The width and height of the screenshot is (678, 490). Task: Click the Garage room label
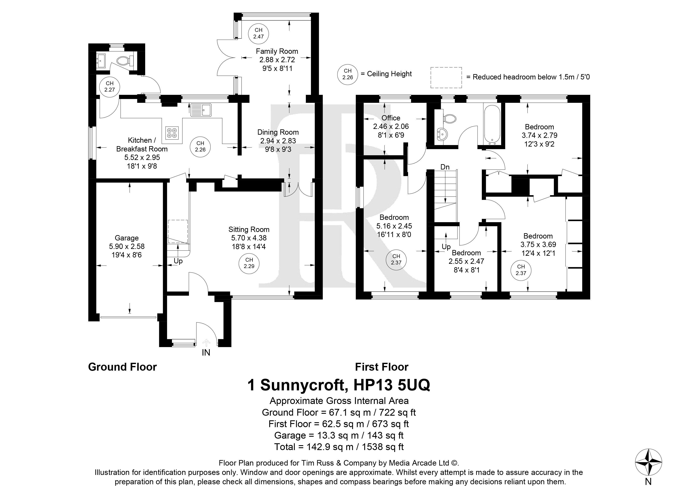tap(126, 238)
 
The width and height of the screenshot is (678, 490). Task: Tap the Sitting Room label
tap(249, 229)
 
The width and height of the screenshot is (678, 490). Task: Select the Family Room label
tap(277, 51)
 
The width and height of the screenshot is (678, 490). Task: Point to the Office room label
tap(391, 118)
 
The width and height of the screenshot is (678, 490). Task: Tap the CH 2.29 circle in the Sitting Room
tap(249, 263)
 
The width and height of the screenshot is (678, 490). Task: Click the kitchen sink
tap(201, 110)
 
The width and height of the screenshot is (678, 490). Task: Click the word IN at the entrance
tap(206, 353)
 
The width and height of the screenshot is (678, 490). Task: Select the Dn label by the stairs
tap(445, 167)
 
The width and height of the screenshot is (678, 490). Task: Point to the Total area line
tap(339, 447)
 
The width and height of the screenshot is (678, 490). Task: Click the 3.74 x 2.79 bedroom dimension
tap(540, 135)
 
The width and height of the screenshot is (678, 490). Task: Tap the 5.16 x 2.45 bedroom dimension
tap(394, 226)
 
